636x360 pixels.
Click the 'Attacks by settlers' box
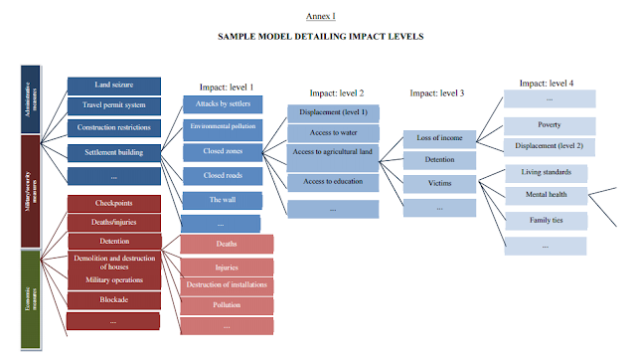[223, 103]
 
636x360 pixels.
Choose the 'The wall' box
[223, 199]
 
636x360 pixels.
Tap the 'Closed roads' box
[223, 175]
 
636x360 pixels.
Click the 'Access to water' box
[333, 132]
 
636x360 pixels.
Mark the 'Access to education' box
[333, 182]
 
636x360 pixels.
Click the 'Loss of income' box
[440, 138]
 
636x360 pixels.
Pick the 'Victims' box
[440, 183]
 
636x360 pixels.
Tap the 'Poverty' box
[549, 125]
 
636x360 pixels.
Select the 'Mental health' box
[549, 194]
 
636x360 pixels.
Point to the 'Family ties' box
[549, 219]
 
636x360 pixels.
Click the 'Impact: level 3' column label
[436, 92]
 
